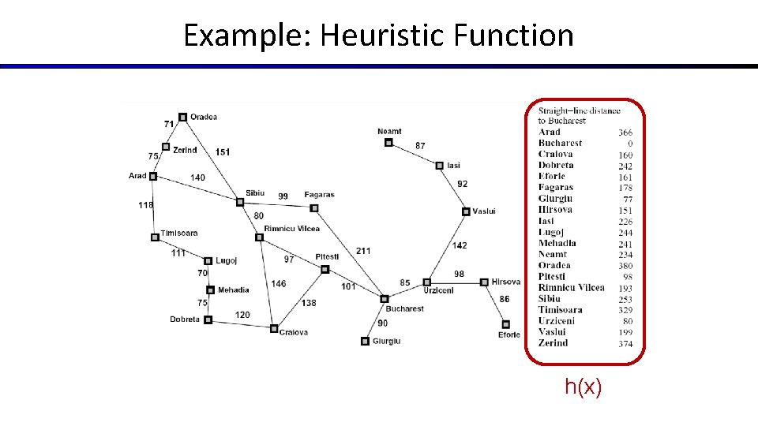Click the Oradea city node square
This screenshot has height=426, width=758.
pyautogui.click(x=182, y=117)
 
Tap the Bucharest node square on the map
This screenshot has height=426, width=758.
pyautogui.click(x=385, y=299)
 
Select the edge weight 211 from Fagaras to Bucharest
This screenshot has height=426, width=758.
pyautogui.click(x=362, y=251)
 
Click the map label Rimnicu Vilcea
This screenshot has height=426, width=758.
pyautogui.click(x=292, y=229)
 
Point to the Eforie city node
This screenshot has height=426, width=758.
pyautogui.click(x=506, y=324)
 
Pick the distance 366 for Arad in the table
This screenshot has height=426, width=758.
pyautogui.click(x=625, y=133)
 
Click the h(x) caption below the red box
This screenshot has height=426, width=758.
pyautogui.click(x=583, y=387)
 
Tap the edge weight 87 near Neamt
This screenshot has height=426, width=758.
pyautogui.click(x=420, y=146)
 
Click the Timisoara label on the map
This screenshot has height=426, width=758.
pyautogui.click(x=179, y=234)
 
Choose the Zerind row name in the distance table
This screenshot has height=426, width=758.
pyautogui.click(x=553, y=343)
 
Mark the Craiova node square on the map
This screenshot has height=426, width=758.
pyautogui.click(x=274, y=328)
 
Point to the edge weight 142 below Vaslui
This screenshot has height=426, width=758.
pyautogui.click(x=460, y=245)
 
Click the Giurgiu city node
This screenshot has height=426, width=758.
pyautogui.click(x=365, y=342)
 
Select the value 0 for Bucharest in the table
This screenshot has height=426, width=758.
pyautogui.click(x=630, y=144)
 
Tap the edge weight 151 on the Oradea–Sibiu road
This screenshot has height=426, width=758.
pyautogui.click(x=223, y=152)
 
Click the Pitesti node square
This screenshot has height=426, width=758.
pyautogui.click(x=325, y=269)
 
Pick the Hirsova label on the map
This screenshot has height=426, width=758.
pyautogui.click(x=506, y=282)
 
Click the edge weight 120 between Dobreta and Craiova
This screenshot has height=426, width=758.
pyautogui.click(x=242, y=315)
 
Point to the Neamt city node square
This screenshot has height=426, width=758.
pyautogui.click(x=388, y=143)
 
